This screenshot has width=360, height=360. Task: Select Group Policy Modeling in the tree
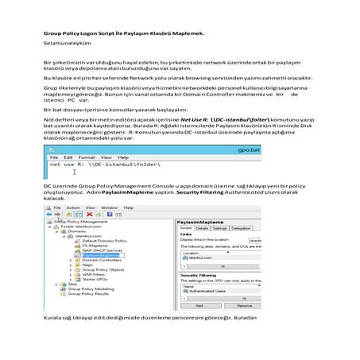(82, 288)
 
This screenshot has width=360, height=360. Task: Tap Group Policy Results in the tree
(80, 293)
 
